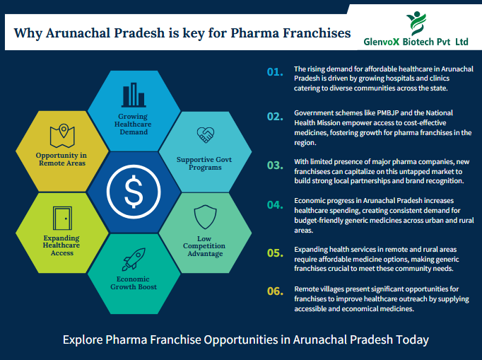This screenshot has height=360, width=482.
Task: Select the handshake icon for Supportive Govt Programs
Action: [205, 134]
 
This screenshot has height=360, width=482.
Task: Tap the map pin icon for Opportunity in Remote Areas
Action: [61, 134]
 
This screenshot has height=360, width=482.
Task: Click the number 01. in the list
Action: [274, 72]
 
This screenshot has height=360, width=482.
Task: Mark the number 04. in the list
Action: [274, 204]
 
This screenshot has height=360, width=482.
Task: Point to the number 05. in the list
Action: [274, 252]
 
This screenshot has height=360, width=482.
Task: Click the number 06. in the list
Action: [274, 290]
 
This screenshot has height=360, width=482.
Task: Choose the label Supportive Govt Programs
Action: [205, 164]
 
